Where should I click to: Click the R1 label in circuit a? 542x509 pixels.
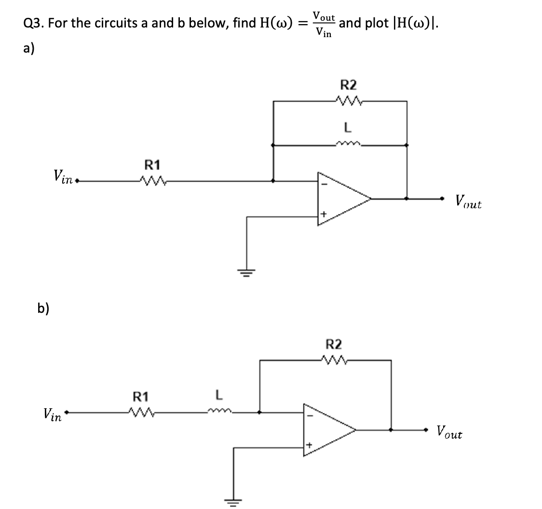pos(152,165)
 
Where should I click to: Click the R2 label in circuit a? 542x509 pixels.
pos(349,85)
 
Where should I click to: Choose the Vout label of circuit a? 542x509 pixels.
pos(468,203)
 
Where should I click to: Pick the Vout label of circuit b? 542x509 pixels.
pos(449,432)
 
